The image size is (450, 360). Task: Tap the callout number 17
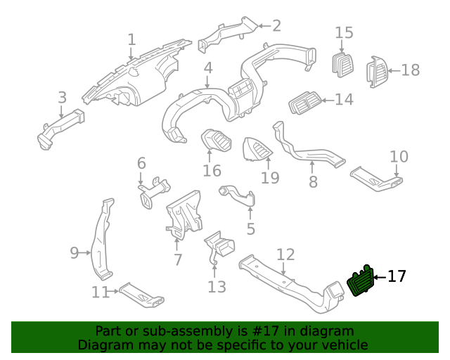[397, 276]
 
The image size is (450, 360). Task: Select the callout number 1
[131, 39]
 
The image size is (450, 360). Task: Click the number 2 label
[276, 26]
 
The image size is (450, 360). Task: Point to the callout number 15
[344, 33]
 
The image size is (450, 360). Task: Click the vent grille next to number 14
[304, 103]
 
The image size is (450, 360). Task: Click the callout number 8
[313, 181]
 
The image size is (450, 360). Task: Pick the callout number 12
[285, 254]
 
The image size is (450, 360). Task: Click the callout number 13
[217, 286]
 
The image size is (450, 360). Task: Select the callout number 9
[75, 252]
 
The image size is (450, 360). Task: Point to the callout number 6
[141, 164]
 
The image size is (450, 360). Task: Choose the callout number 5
[250, 229]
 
